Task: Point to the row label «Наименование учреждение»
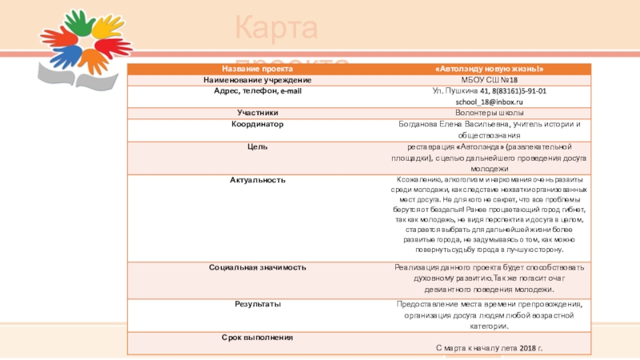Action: point(257,81)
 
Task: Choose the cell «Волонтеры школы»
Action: point(488,114)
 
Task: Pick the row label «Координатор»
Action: point(257,125)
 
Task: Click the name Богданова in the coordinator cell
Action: point(421,125)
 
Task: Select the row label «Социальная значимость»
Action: point(257,266)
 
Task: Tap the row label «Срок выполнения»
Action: point(257,338)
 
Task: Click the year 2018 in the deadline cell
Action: point(526,349)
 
